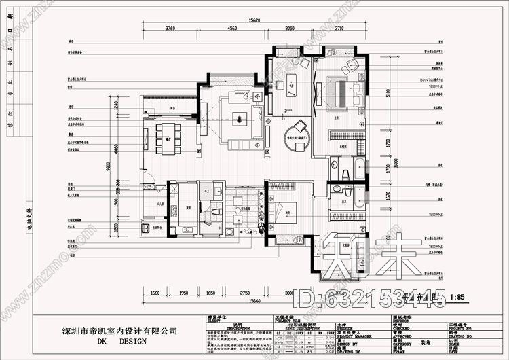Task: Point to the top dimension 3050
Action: pyautogui.click(x=289, y=29)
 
